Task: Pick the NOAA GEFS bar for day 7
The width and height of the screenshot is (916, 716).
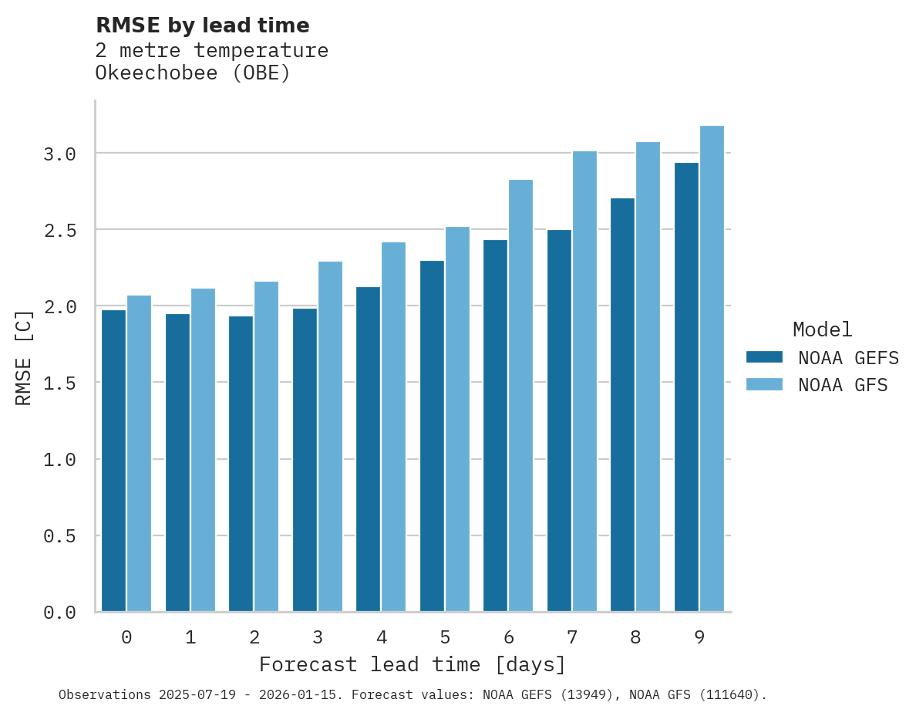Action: click(x=559, y=420)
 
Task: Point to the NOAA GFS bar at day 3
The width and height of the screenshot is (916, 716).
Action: click(x=330, y=436)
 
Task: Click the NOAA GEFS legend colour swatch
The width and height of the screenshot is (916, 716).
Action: click(x=764, y=357)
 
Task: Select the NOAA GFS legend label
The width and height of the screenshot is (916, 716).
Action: click(x=843, y=385)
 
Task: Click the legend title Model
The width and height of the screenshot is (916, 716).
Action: click(x=822, y=329)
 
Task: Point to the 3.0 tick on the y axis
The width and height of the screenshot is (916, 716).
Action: click(x=59, y=154)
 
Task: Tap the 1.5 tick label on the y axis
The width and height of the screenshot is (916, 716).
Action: click(x=59, y=383)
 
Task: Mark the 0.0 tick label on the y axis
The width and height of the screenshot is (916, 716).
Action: click(x=59, y=613)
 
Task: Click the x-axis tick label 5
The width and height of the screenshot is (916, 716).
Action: click(x=445, y=637)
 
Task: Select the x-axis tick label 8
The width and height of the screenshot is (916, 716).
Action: click(x=636, y=637)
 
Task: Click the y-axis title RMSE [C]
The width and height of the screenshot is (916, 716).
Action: click(x=24, y=357)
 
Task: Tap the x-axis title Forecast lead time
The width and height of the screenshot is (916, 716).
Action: click(x=413, y=664)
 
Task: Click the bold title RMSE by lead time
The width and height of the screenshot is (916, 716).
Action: click(x=202, y=25)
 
